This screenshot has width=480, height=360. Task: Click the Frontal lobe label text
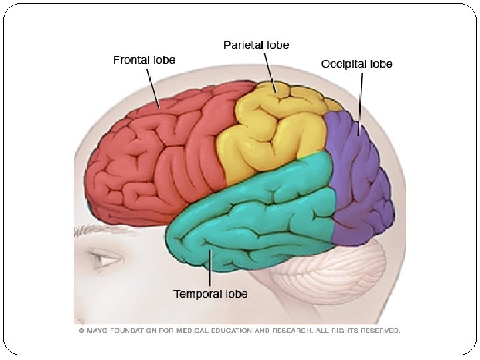[144, 60]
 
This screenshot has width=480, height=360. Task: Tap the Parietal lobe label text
[256, 45]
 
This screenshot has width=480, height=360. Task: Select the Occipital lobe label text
[357, 64]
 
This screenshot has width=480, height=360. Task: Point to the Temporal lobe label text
[211, 294]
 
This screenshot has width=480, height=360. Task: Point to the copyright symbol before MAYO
[81, 330]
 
